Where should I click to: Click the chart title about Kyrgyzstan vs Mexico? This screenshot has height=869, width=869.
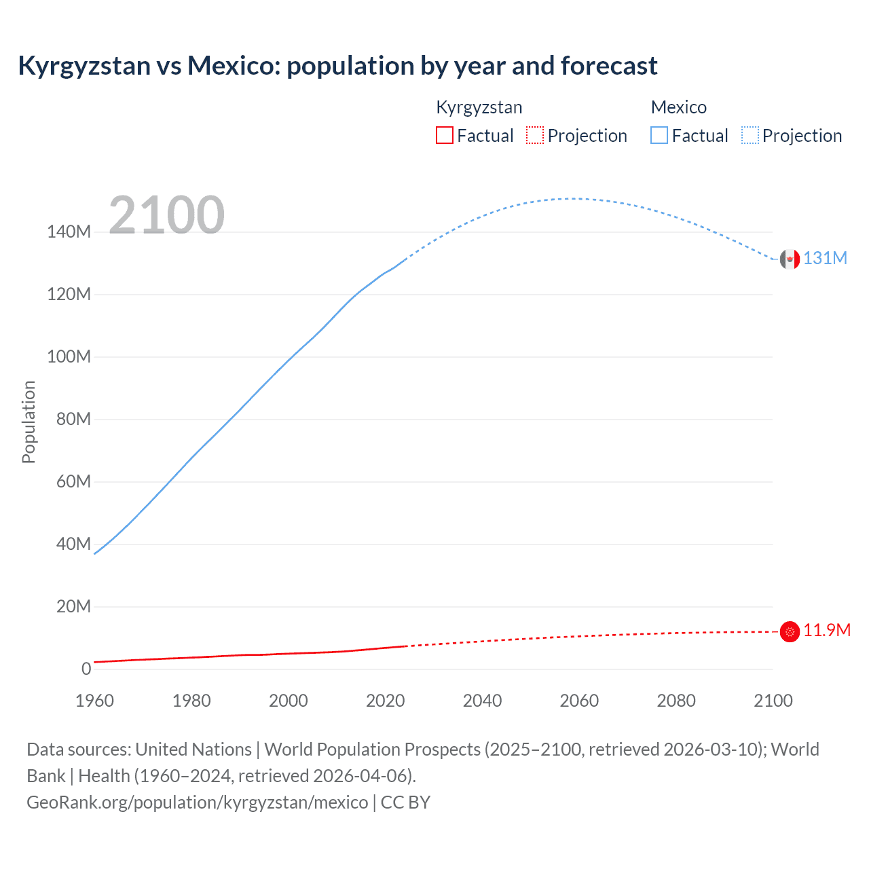(337, 66)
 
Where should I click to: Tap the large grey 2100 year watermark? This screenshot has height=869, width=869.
(166, 215)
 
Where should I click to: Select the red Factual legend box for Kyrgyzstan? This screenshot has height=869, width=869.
(444, 135)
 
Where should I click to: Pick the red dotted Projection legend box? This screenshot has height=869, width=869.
(535, 135)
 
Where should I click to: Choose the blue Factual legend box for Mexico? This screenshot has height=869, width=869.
(659, 135)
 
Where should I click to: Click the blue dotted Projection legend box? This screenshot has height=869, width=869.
(750, 135)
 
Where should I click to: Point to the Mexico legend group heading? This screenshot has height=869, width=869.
(678, 107)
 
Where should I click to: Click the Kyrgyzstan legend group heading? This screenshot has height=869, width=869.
(479, 107)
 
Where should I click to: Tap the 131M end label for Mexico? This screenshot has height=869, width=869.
(825, 258)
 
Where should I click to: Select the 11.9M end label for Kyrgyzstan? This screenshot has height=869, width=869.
(827, 631)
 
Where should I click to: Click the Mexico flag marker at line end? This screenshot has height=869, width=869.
(790, 259)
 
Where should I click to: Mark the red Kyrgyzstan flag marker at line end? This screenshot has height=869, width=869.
(790, 631)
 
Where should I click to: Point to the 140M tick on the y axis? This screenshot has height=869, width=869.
(69, 232)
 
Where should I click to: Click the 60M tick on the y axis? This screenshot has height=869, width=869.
(73, 482)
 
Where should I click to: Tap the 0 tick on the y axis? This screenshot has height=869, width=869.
(86, 669)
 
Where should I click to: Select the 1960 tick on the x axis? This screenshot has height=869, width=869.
(94, 701)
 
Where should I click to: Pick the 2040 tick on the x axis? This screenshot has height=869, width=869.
(482, 701)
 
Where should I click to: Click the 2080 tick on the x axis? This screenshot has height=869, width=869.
(676, 701)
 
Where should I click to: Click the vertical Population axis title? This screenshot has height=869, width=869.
(29, 422)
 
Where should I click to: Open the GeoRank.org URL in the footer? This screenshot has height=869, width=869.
(197, 802)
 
